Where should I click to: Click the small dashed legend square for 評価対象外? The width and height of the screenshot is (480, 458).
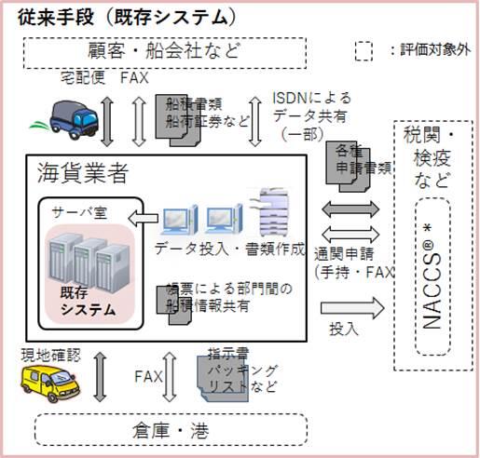pyautogui.click(x=364, y=50)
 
